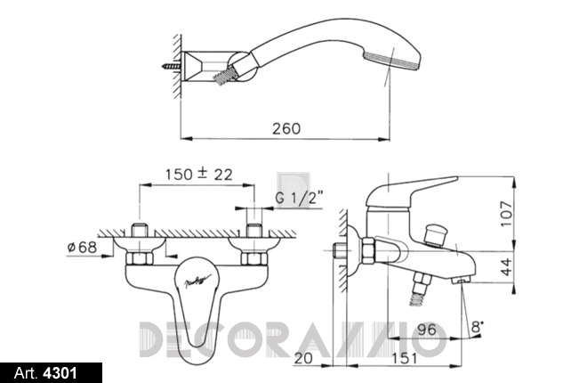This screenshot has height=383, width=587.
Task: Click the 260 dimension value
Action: tap(286, 128)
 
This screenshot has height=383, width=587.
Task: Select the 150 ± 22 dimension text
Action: tap(199, 174)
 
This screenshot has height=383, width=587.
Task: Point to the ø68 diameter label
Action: tap(82, 247)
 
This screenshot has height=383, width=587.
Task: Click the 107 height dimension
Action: tap(507, 214)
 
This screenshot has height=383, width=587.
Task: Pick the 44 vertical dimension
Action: tap(507, 266)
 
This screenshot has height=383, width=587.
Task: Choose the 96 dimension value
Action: tap(427, 330)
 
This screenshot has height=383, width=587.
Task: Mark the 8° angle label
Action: tap(477, 327)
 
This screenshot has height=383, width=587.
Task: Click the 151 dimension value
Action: tap(405, 358)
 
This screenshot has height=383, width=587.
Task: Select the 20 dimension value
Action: tap(303, 358)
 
